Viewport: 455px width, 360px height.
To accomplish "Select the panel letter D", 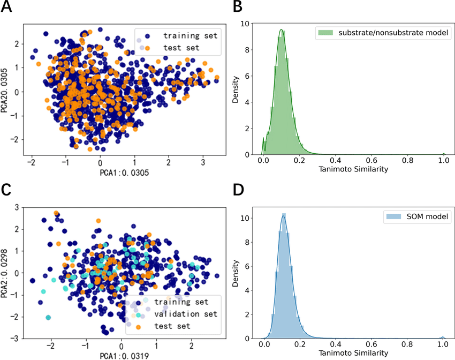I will tap(239, 190).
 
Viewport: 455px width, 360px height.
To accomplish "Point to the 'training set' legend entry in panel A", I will tap(191, 36).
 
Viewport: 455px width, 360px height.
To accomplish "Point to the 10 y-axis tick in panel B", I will tap(244, 24).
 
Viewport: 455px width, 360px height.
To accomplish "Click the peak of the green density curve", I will tap(281, 29).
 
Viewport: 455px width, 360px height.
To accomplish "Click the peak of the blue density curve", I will tap(283, 216).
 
